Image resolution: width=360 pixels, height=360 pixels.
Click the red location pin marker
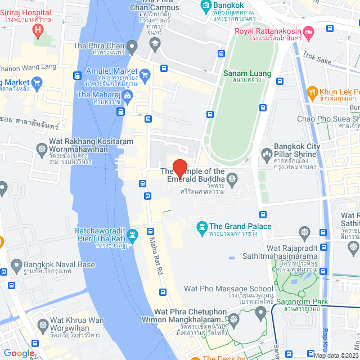[179, 168]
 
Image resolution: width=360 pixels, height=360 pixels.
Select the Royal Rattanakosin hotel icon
[308, 31]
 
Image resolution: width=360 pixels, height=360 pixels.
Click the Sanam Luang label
[247, 74]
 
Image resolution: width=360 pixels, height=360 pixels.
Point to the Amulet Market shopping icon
[145, 74]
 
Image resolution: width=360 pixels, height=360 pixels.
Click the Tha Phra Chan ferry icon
[132, 45]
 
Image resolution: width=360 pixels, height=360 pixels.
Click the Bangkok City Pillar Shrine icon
[266, 153]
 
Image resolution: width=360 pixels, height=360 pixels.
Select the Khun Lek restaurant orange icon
[311, 92]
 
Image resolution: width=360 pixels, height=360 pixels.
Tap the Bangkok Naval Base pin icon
[16, 264]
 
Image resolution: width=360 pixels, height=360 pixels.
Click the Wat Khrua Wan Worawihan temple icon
[43, 326]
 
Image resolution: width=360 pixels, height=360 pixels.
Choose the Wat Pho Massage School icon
[261, 314]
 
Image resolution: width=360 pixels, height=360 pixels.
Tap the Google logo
[19, 353]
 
